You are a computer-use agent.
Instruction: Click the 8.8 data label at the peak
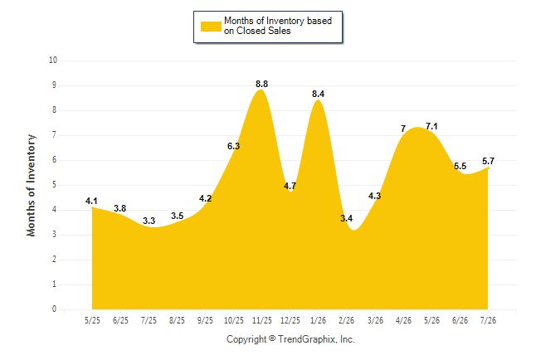262,84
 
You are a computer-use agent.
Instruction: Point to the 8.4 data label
319,94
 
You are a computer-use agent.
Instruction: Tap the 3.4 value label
346,218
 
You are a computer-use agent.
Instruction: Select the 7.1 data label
431,126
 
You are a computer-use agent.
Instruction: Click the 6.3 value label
233,146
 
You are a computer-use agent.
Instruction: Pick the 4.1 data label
91,201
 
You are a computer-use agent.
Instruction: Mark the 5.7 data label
488,161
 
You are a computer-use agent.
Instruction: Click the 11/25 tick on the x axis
262,320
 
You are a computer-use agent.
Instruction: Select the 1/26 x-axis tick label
319,320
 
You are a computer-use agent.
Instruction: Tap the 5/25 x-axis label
92,320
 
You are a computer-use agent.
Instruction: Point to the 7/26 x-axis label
488,320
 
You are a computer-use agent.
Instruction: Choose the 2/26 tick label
346,320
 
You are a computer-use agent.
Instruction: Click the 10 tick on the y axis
53,61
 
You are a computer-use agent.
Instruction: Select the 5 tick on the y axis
54,185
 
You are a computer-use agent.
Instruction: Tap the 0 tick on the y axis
54,309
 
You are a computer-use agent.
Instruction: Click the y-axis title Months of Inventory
31,185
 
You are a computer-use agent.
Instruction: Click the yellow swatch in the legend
211,27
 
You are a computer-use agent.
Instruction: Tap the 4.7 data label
290,186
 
